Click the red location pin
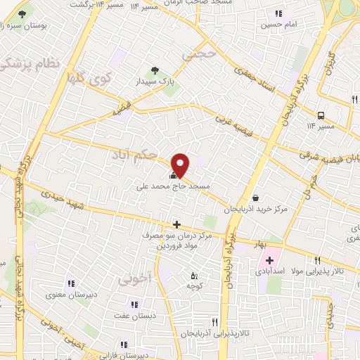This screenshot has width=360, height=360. coord(181,164)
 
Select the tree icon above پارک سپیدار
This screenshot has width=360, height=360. coord(155,70)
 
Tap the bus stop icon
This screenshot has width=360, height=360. coord(321,115)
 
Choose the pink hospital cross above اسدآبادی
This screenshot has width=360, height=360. coord(269,260)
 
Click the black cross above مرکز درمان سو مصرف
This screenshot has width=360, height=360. coord(176,225)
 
